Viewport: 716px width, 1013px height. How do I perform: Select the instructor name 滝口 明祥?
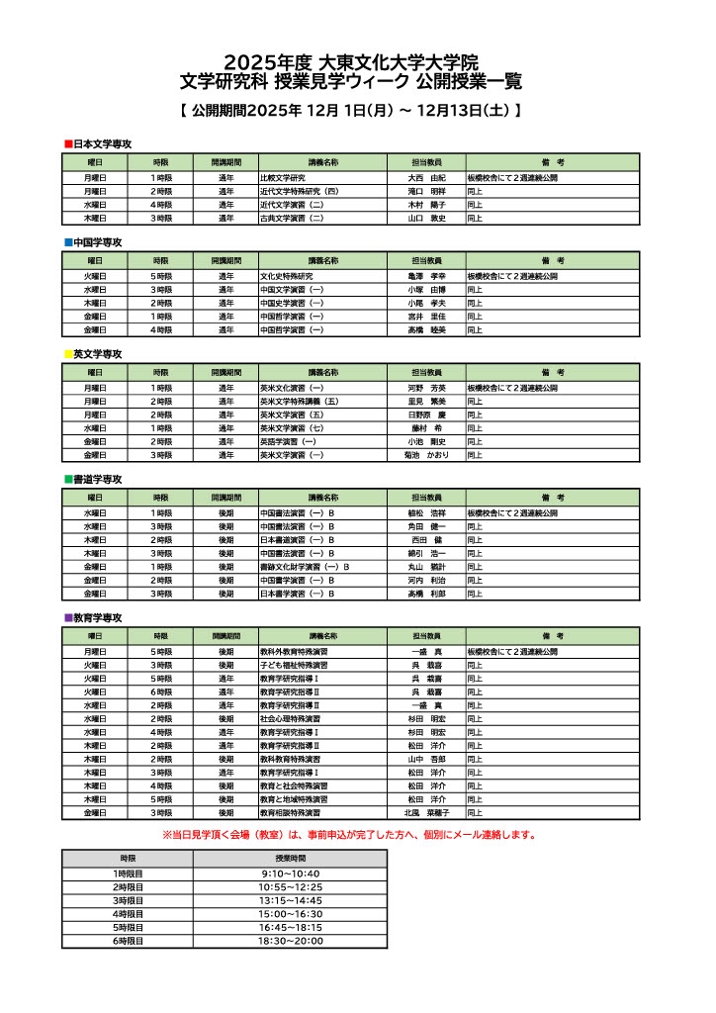coord(427,191)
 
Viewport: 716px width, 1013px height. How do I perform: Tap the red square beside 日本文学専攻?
coord(67,144)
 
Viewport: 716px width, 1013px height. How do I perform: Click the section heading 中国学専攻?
coord(97,241)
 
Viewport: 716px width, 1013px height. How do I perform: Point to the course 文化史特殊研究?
coord(286,276)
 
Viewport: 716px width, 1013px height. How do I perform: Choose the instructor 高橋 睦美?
coord(427,329)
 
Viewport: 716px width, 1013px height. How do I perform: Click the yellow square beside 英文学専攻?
coord(67,353)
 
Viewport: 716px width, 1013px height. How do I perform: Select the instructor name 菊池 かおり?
coord(427,455)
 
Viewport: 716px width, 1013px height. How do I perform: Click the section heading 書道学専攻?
coord(97,479)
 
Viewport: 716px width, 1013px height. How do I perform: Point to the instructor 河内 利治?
coord(427,580)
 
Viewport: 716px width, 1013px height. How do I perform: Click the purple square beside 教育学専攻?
coord(67,617)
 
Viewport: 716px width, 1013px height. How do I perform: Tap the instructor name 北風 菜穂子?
coord(427,812)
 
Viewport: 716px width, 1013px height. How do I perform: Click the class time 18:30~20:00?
coord(291,941)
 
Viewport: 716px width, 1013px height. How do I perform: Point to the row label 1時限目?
coord(128,875)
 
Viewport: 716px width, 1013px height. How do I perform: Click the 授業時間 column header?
coord(291,859)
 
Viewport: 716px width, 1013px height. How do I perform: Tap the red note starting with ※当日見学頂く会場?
coord(349,834)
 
